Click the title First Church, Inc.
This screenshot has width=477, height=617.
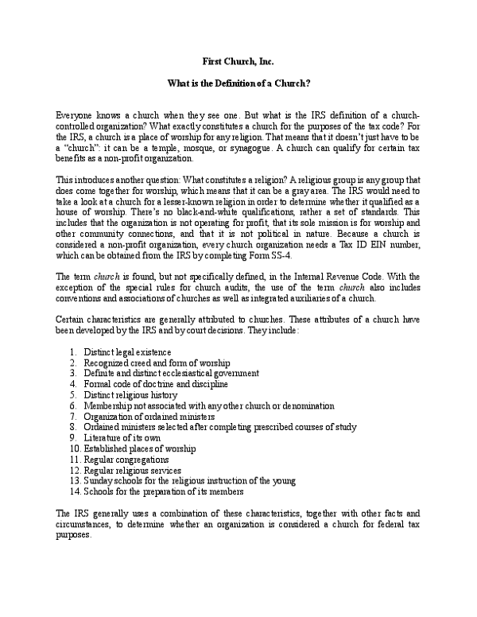(x=238, y=61)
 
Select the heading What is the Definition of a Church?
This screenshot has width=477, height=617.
(x=238, y=83)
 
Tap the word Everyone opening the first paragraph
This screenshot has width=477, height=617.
(x=77, y=115)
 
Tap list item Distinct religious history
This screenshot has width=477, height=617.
(x=129, y=395)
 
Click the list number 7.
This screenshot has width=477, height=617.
(x=72, y=417)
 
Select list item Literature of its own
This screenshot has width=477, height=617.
(x=121, y=438)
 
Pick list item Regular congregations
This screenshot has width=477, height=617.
(x=125, y=460)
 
